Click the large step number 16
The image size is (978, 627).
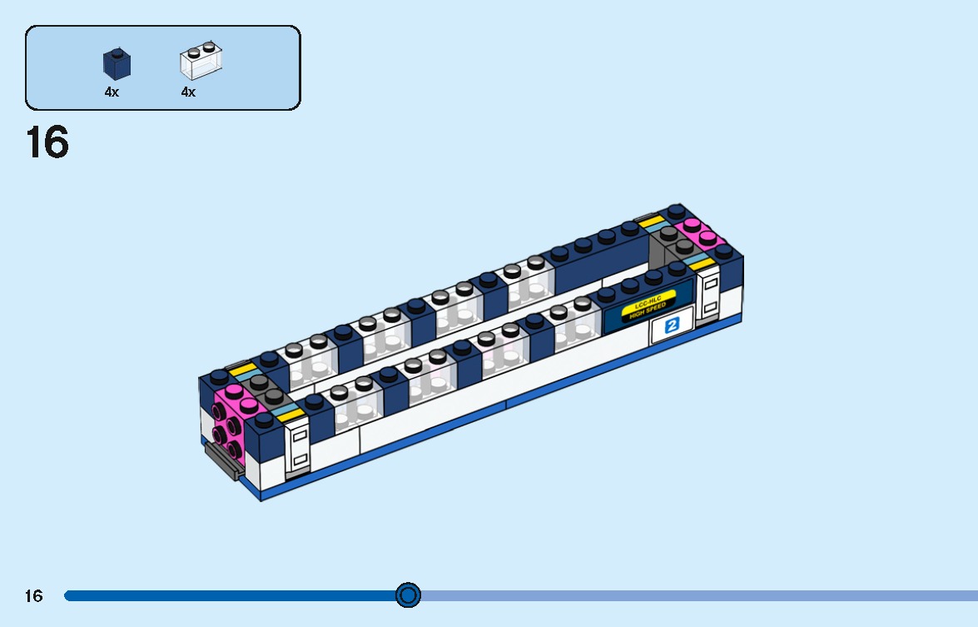tap(47, 142)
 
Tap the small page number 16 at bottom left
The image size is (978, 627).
tap(33, 595)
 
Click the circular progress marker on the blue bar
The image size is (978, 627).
tap(408, 595)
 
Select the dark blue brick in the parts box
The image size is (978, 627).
tap(117, 63)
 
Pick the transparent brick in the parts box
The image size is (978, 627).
tap(201, 62)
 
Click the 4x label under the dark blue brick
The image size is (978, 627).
tap(112, 92)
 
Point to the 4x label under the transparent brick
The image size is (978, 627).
tap(188, 92)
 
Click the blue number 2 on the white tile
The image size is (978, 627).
tap(672, 326)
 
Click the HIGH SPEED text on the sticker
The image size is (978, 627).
tap(648, 311)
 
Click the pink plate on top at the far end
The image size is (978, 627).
tap(699, 232)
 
